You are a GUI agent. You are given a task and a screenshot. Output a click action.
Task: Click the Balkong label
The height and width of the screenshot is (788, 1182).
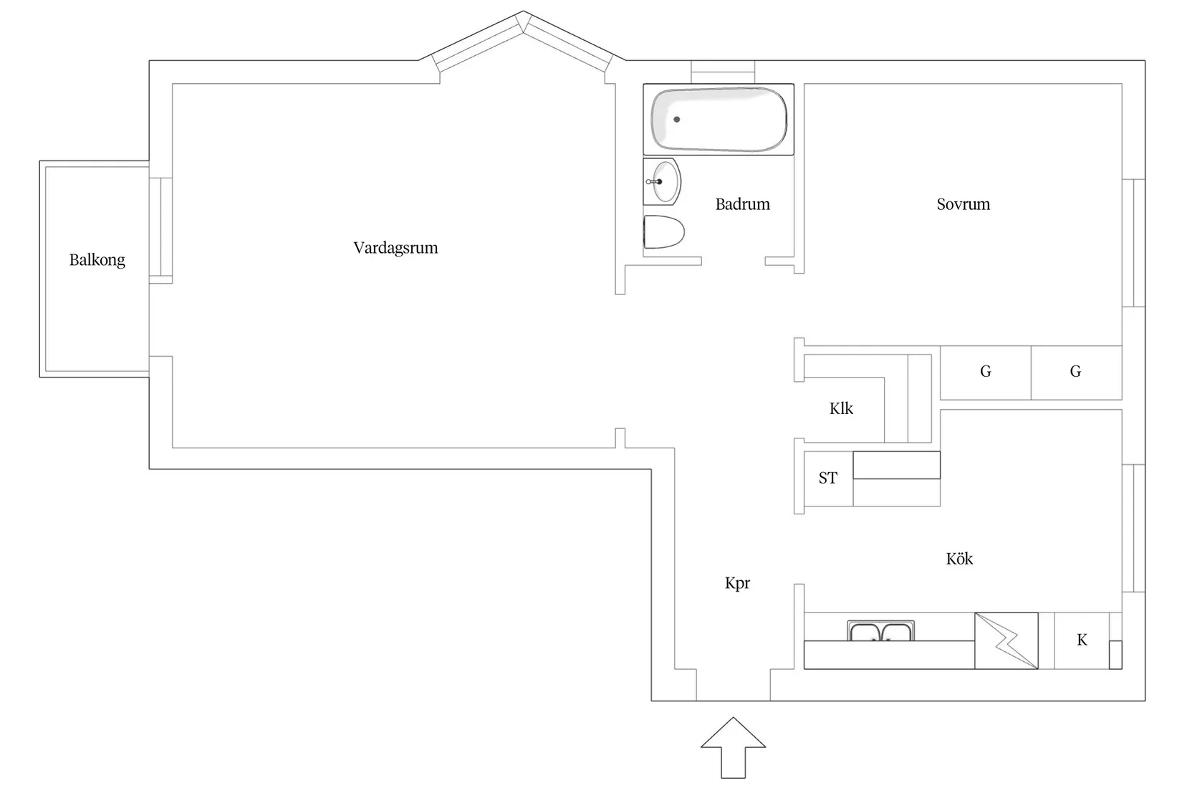pyautogui.click(x=97, y=259)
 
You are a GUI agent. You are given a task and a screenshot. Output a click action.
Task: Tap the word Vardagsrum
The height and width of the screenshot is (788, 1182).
pyautogui.click(x=395, y=248)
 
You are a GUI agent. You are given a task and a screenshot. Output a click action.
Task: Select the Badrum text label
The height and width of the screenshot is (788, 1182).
pyautogui.click(x=742, y=204)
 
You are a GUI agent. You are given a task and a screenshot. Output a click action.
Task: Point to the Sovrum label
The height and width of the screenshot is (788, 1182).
pyautogui.click(x=963, y=204)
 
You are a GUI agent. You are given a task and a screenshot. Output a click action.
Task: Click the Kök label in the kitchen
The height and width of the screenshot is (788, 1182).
pyautogui.click(x=959, y=559)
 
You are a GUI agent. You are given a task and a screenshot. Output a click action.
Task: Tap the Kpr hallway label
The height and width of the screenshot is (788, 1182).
pyautogui.click(x=737, y=583)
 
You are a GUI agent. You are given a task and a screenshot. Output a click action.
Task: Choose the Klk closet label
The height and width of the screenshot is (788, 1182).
pyautogui.click(x=841, y=408)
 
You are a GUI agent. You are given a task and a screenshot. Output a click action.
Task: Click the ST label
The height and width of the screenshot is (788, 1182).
pyautogui.click(x=827, y=478)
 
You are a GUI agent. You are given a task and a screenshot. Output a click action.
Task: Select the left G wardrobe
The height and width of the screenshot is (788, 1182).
pyautogui.click(x=986, y=372)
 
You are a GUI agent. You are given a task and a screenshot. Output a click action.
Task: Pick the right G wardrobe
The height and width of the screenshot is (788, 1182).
pyautogui.click(x=1075, y=372)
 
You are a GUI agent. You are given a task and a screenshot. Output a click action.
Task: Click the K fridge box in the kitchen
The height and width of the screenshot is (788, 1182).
pyautogui.click(x=1082, y=640)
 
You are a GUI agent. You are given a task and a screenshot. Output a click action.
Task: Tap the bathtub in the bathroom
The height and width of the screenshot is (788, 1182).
pyautogui.click(x=719, y=119)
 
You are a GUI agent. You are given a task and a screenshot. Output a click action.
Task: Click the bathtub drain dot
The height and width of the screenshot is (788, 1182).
pyautogui.click(x=676, y=120)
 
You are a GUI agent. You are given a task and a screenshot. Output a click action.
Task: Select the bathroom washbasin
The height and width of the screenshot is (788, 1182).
pyautogui.click(x=663, y=181)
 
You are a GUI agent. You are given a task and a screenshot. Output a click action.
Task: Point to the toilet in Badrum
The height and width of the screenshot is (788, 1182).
pyautogui.click(x=663, y=232)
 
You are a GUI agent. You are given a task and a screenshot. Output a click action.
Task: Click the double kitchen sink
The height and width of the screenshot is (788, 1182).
pyautogui.click(x=880, y=631)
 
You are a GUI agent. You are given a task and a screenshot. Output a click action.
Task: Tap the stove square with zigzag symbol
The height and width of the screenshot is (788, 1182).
pyautogui.click(x=1006, y=640)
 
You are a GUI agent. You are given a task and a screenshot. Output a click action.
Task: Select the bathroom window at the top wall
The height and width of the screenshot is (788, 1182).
pyautogui.click(x=722, y=72)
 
